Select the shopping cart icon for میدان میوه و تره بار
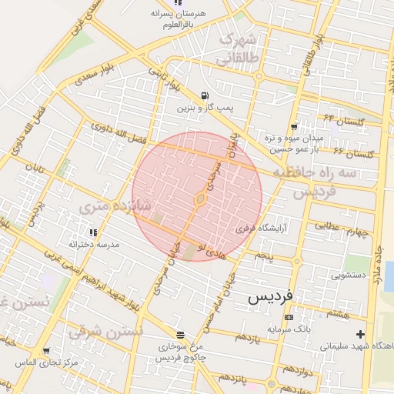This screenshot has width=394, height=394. [x=293, y=127]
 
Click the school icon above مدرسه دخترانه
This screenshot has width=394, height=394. [x=94, y=232]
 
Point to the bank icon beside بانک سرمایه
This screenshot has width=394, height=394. [x=289, y=317]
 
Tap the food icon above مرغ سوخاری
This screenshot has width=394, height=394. [x=180, y=335]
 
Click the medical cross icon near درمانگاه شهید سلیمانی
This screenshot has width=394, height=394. [x=361, y=333]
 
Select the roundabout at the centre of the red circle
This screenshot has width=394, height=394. [x=199, y=200]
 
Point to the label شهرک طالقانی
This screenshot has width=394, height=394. [x=241, y=48]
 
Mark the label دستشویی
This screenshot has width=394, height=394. [x=348, y=275]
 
